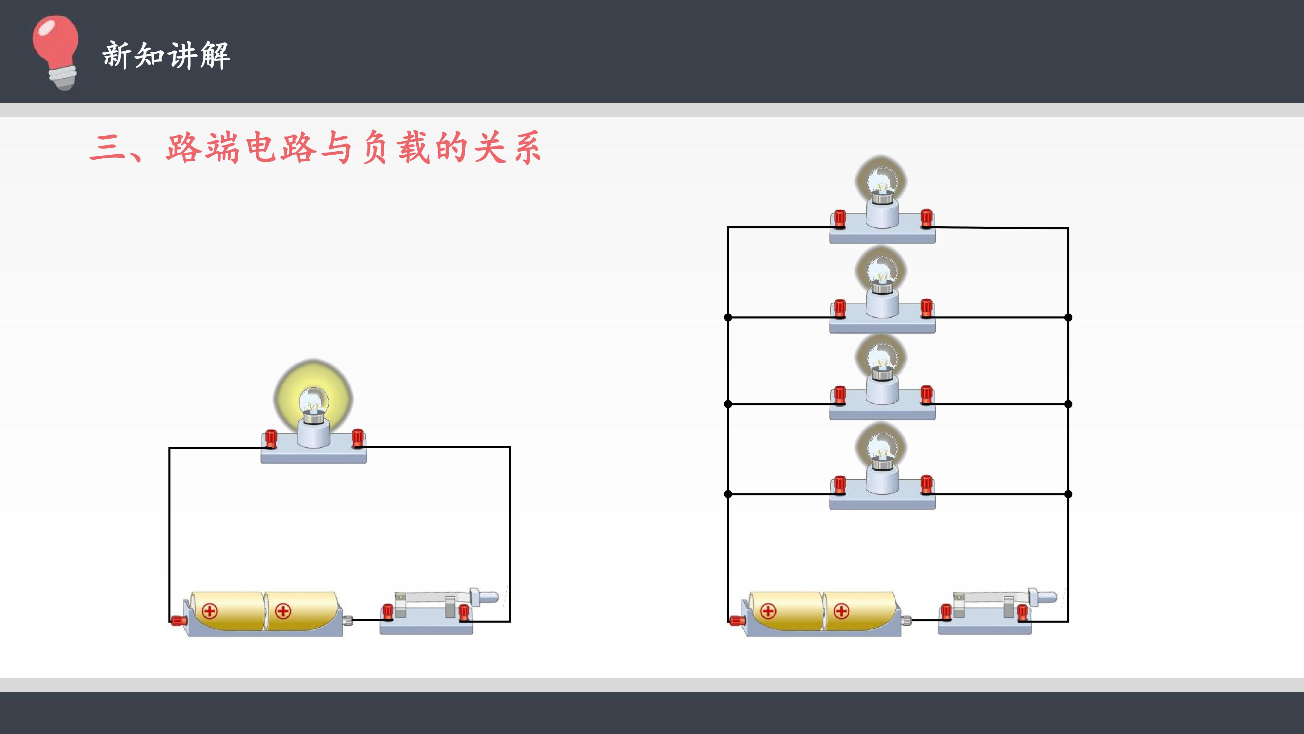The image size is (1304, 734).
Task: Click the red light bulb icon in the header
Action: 56,52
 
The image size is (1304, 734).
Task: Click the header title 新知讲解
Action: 166,55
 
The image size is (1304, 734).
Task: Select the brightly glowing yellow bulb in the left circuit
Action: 313,400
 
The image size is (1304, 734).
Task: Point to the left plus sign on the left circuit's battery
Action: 210,611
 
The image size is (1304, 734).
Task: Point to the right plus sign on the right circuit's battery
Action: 841,611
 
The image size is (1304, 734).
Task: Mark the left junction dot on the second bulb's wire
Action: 728,318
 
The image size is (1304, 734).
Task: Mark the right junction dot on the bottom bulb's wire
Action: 1068,494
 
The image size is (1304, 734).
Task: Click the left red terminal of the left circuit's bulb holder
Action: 271,439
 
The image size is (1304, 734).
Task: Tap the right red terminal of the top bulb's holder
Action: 926,218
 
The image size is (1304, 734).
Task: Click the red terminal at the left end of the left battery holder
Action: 178,620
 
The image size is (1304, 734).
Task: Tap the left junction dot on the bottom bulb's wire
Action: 728,494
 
